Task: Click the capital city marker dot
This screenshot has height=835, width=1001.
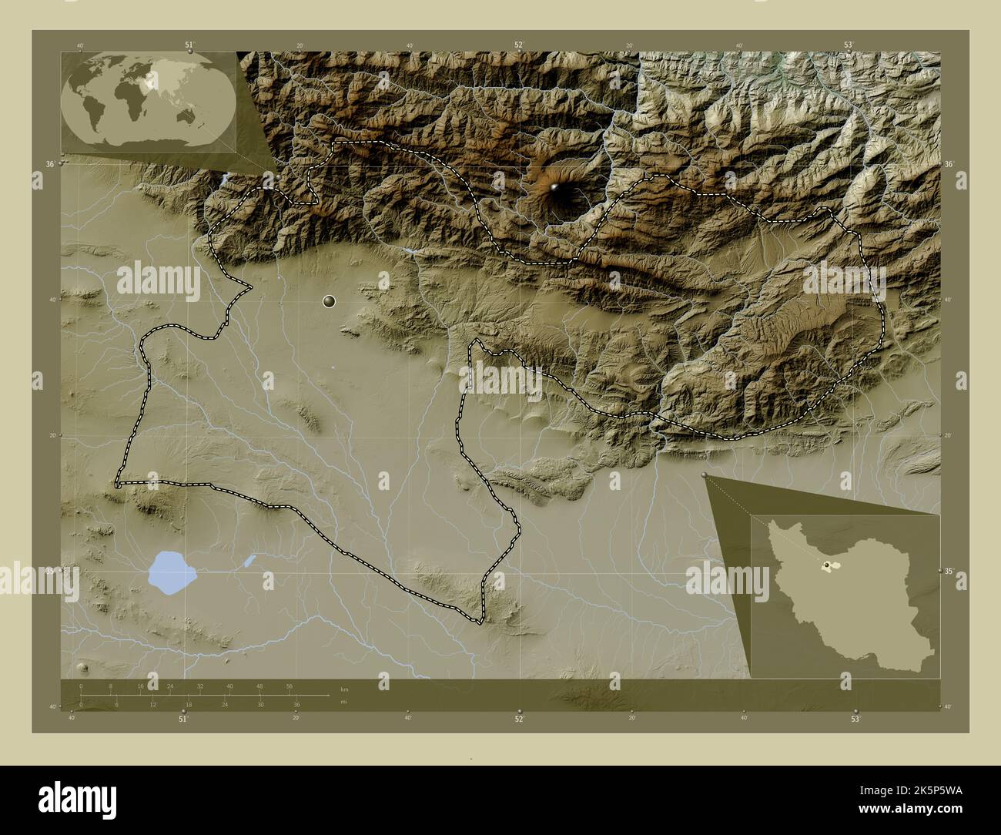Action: (x=330, y=301)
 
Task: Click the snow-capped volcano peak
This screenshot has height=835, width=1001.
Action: (x=556, y=187)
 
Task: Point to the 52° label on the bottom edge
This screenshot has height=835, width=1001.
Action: (x=520, y=719)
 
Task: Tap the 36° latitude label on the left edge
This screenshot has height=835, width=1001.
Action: (x=49, y=164)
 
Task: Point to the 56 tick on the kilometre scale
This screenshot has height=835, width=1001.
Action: (x=290, y=686)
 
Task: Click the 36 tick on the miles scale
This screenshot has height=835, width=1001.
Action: (x=296, y=704)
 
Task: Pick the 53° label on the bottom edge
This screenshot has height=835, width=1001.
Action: (x=855, y=719)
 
